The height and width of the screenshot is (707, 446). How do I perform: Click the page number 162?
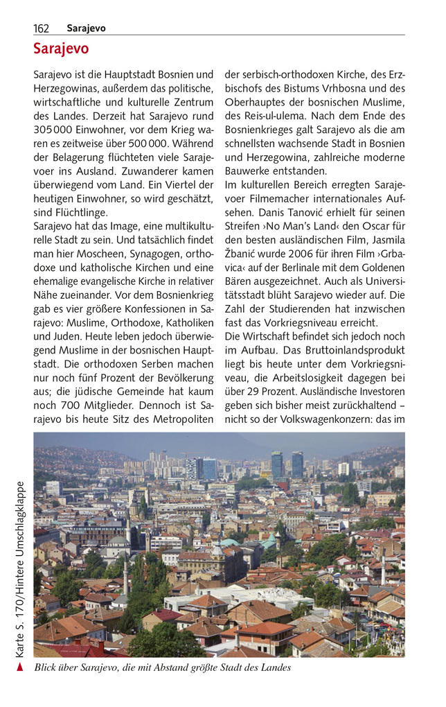tap(41, 28)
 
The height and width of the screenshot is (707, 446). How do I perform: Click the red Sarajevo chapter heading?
tap(61, 49)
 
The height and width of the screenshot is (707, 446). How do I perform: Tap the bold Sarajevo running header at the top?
tap(86, 28)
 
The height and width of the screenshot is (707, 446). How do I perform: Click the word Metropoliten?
tap(178, 419)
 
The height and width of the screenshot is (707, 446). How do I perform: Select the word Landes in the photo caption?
tap(273, 667)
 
